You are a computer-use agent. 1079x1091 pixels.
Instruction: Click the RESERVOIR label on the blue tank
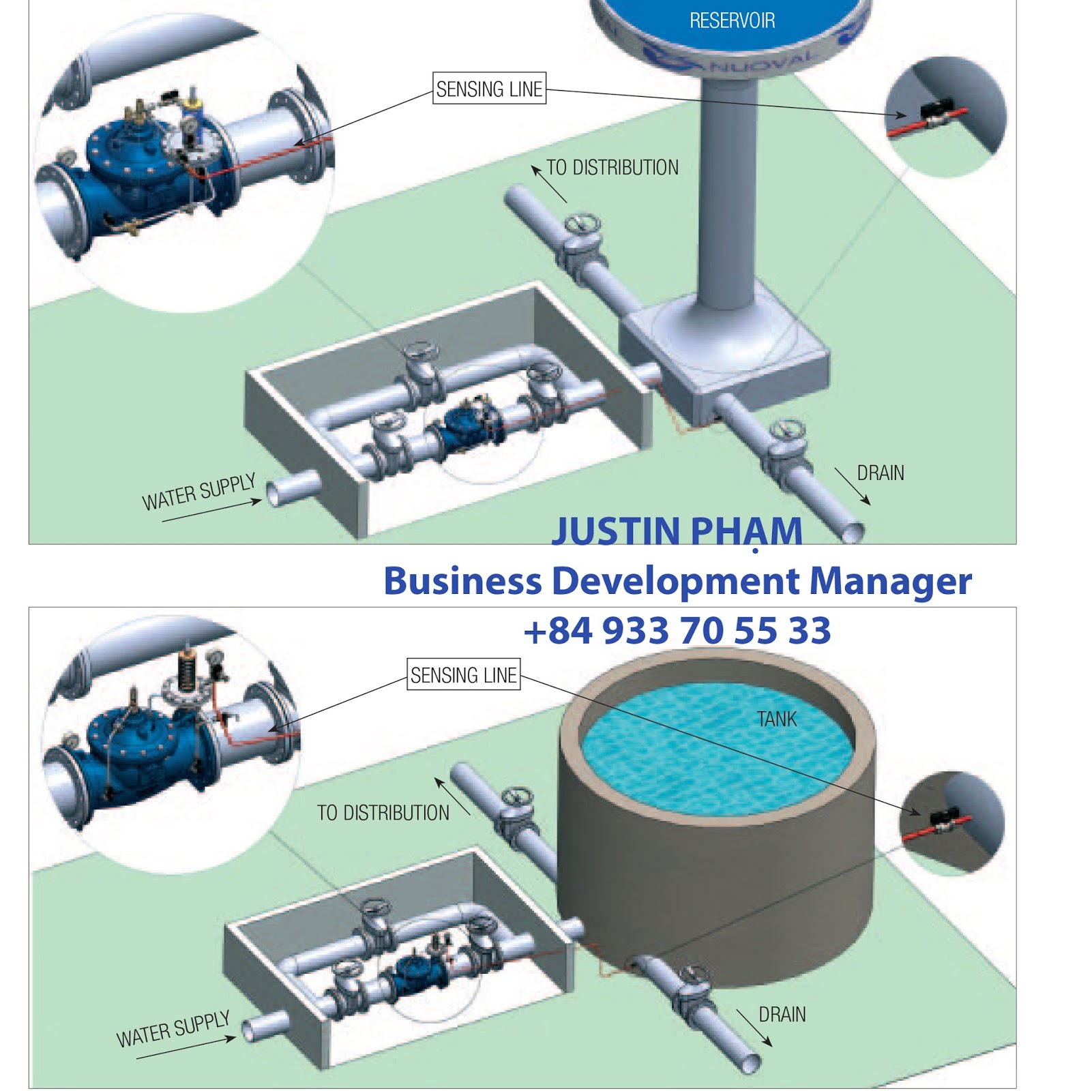click(732, 21)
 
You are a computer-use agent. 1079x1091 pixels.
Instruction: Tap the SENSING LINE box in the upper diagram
click(489, 89)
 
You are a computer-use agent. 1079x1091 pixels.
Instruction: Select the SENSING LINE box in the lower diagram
click(463, 675)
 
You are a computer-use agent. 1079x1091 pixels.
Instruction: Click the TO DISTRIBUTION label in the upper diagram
click(612, 168)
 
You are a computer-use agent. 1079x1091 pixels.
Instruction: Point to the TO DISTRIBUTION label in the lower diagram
click(383, 813)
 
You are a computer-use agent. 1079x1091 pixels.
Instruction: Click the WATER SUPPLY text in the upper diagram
click(198, 492)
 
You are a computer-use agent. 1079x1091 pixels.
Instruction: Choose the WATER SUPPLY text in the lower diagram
click(173, 1030)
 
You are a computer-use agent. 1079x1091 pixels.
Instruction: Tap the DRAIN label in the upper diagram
click(880, 473)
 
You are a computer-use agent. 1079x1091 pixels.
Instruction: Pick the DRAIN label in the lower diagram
click(782, 1015)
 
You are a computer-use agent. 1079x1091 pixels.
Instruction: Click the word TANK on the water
click(776, 719)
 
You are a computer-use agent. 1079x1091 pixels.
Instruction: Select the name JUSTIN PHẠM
click(677, 531)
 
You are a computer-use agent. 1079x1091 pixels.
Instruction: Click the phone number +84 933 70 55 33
click(677, 630)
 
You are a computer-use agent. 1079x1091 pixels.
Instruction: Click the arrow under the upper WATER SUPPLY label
click(211, 511)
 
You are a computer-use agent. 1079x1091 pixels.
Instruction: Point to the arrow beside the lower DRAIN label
click(754, 1028)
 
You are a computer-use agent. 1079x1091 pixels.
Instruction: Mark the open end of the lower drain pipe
click(750, 1062)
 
